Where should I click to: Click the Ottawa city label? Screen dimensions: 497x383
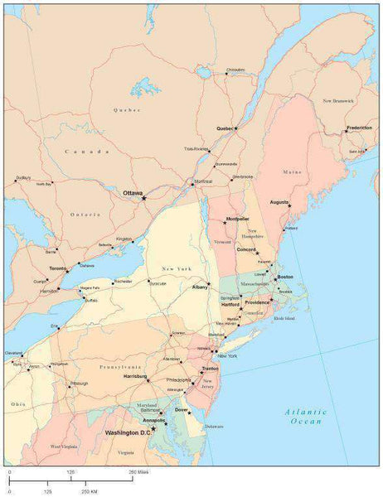pos(133,192)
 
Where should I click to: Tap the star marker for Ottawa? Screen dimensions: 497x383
pos(143,198)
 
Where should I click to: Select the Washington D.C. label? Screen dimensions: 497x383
pos(128,432)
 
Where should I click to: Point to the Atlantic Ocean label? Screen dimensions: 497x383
pos(303,417)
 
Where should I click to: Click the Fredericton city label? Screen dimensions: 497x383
pos(359,128)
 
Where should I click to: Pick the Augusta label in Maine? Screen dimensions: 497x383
pos(279,201)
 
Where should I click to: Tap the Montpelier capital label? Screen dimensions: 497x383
pos(237,219)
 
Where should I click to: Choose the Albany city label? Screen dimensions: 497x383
pos(200,286)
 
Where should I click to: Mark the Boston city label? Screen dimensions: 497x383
pos(284,277)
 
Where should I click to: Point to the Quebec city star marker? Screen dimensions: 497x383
pos(236,128)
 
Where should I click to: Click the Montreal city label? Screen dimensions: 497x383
pos(203,181)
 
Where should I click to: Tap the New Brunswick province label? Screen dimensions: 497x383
pos(338,100)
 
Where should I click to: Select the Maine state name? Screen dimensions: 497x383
pos(293,172)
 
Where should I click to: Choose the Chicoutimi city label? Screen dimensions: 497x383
pos(236,70)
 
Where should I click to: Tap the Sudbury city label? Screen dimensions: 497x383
pos(22,176)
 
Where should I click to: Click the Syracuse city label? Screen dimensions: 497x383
pos(158,283)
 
